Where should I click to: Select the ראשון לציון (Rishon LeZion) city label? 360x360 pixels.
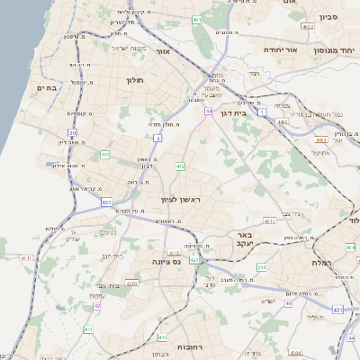point(178,199)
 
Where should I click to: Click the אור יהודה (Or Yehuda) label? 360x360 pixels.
point(280,51)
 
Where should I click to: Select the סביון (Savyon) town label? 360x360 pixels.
point(327,16)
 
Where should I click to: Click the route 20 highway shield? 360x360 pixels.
point(73,132)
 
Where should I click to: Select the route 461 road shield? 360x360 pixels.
point(197,18)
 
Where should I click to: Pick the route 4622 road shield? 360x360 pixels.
point(308,28)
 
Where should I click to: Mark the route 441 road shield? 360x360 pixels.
point(105,155)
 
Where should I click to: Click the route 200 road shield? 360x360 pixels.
point(260,267)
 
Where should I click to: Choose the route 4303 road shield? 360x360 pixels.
point(132,283)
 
